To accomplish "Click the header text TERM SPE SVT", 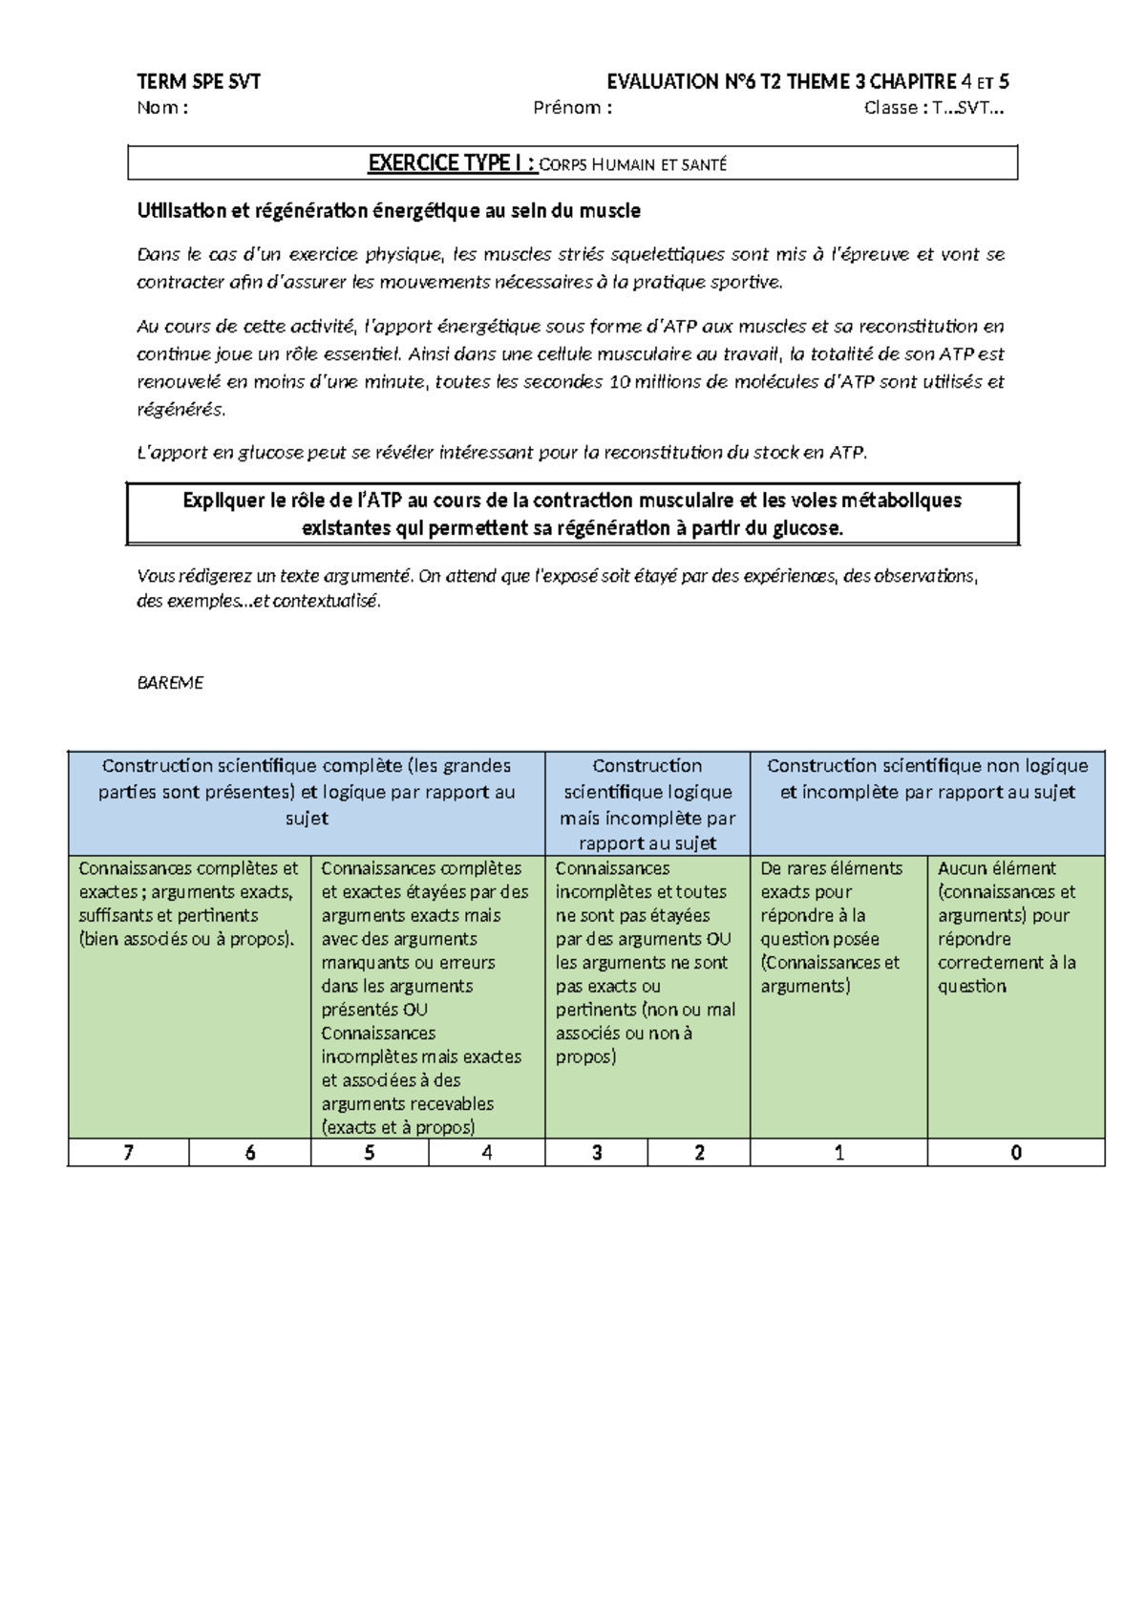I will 199,82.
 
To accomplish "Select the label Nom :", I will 162,108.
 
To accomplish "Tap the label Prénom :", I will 572,108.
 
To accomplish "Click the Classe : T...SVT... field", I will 933,108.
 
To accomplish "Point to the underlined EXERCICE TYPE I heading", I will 452,163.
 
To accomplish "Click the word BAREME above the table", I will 170,683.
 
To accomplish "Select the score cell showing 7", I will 128,1153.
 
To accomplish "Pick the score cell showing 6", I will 250,1153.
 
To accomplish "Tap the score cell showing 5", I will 370,1153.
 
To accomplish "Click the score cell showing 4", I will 487,1153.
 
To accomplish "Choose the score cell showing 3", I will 597,1153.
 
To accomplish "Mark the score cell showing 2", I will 699,1153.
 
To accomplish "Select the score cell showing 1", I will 838,1153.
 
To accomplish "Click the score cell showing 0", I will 1015,1153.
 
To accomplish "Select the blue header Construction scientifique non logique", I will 927,778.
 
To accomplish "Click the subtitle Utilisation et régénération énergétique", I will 389,211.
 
